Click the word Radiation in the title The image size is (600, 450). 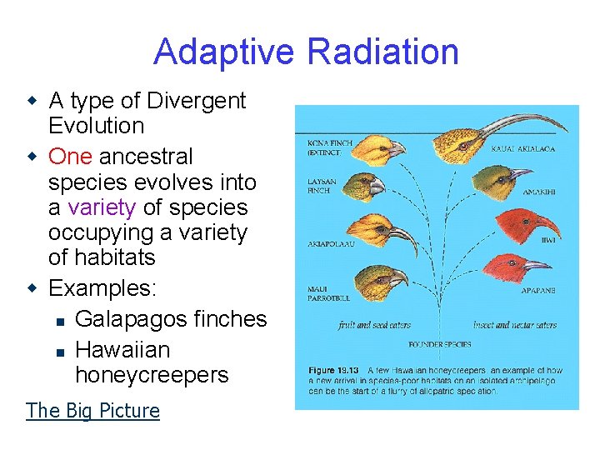coord(382,52)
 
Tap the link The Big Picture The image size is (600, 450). coord(92,410)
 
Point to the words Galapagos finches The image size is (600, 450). coord(171,319)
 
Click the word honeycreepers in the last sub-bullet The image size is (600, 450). coord(152,375)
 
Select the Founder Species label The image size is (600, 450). coord(440,344)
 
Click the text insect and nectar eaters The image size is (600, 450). coord(514,325)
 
